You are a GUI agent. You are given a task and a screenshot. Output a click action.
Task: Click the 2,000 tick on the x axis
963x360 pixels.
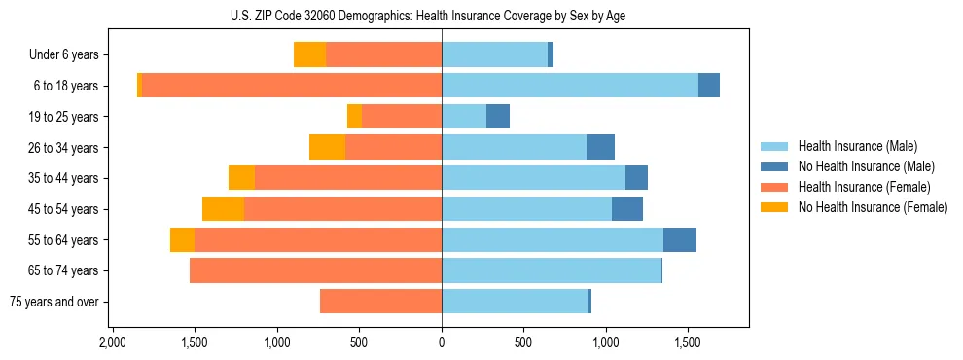(113, 343)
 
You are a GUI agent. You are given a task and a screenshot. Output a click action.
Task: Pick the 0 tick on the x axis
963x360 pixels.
(442, 343)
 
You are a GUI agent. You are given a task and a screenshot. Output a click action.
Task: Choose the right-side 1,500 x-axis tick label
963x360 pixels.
(688, 343)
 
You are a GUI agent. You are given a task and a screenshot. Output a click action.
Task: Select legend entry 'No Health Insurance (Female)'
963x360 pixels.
(873, 207)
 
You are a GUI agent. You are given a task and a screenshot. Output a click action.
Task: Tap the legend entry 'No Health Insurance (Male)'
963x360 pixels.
(866, 166)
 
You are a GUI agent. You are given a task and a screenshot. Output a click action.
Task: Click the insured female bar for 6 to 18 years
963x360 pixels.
(292, 86)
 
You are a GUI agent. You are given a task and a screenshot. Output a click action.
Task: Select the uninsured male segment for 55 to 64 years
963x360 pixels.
(680, 240)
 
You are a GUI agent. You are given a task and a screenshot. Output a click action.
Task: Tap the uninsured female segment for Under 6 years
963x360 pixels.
(309, 55)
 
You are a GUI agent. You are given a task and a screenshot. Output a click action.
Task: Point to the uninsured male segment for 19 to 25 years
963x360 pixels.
(498, 117)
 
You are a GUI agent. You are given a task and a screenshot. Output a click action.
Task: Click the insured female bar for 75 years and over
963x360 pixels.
(380, 302)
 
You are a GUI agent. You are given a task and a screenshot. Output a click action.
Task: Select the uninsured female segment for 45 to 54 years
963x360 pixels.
(223, 209)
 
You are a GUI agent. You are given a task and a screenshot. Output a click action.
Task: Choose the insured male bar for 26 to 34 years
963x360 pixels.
(514, 147)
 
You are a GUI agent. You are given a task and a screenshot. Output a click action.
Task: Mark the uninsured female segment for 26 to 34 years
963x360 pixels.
(327, 147)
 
